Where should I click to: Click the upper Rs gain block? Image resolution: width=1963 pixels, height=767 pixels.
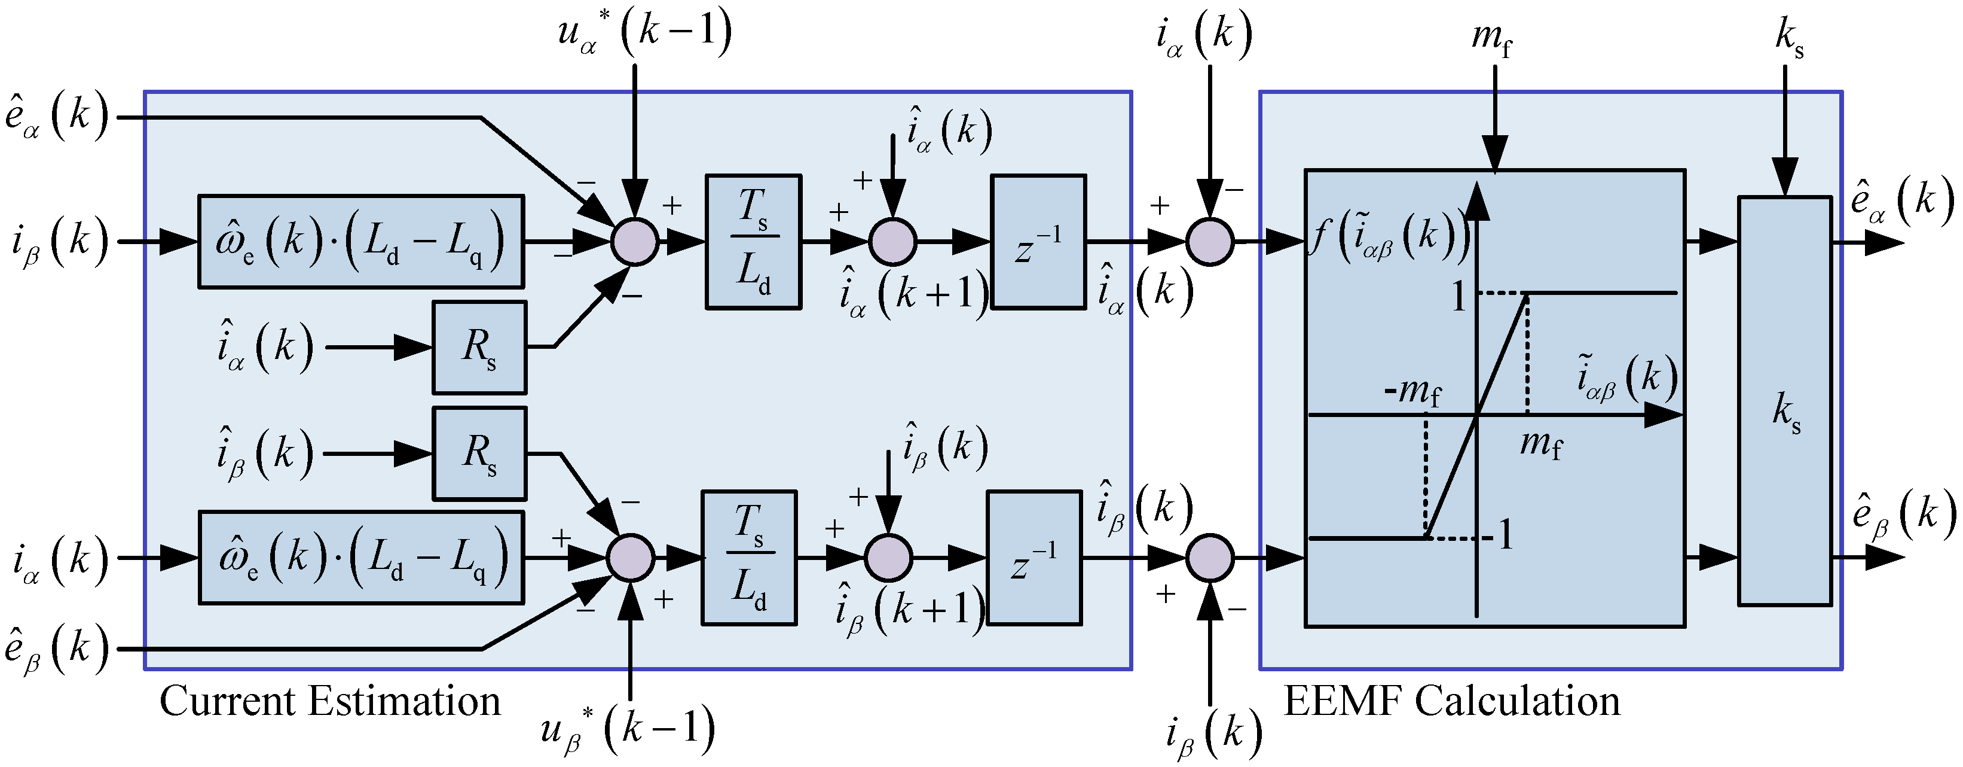click(479, 347)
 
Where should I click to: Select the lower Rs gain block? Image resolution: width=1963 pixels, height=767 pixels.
click(479, 453)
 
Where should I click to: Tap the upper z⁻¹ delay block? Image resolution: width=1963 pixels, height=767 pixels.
click(1038, 242)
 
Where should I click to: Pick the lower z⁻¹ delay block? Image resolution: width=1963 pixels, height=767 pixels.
click(1034, 558)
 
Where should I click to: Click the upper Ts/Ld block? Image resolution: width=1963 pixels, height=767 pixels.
click(753, 242)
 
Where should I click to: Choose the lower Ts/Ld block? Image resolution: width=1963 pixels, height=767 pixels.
click(748, 558)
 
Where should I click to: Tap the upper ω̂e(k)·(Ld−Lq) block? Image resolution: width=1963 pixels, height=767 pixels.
click(360, 242)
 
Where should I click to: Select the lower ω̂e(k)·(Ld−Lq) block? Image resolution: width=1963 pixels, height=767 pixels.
click(360, 558)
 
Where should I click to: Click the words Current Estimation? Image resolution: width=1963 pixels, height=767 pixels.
click(329, 701)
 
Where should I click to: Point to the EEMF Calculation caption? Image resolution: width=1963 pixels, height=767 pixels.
click(1452, 701)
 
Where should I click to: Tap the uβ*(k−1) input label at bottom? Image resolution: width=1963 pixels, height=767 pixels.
click(627, 731)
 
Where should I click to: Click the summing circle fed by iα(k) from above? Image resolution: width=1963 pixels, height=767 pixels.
click(1209, 242)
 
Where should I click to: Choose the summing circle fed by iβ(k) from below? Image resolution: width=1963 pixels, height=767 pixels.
click(1209, 558)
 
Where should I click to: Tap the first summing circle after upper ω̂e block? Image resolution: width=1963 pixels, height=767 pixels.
click(634, 242)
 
